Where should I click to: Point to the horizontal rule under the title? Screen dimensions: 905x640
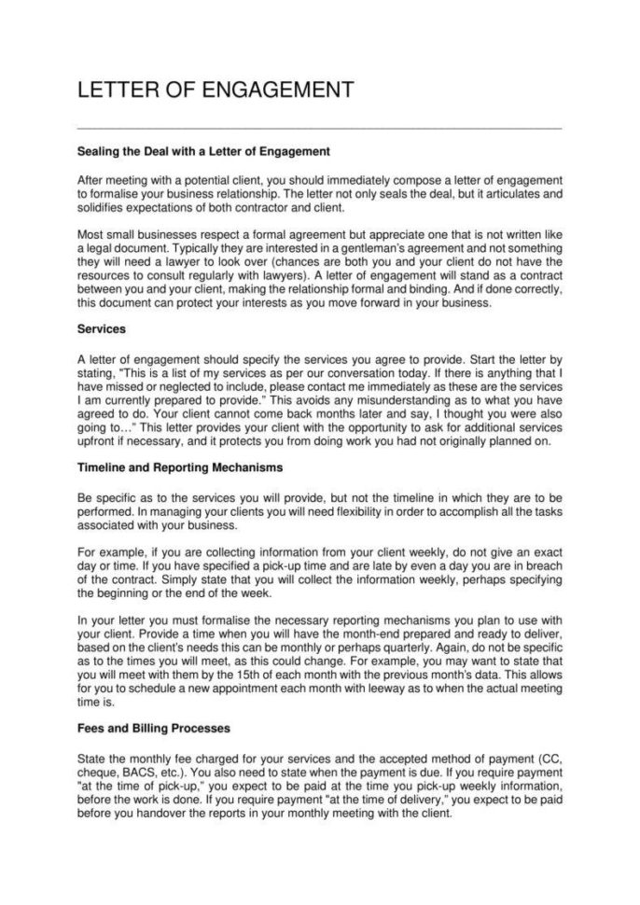(319, 128)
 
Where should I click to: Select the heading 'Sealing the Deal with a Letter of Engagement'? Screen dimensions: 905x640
(204, 150)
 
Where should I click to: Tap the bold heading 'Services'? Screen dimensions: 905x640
(101, 329)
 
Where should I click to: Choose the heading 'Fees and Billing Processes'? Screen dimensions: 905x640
(153, 726)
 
